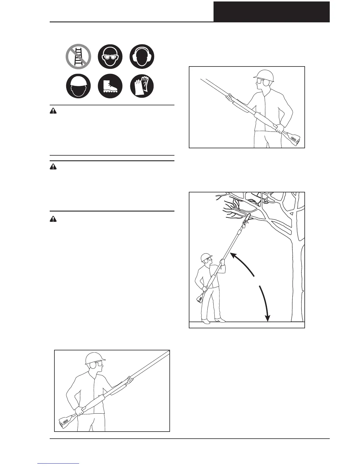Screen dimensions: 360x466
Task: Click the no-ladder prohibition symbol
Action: tap(78, 56)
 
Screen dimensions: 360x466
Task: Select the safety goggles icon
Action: tap(110, 56)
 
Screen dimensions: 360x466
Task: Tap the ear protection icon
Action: tap(142, 56)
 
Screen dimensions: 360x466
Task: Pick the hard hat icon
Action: tap(78, 86)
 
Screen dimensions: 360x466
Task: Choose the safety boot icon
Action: tap(110, 86)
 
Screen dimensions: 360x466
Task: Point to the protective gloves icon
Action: tap(142, 86)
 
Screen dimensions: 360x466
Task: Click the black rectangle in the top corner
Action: tap(271, 11)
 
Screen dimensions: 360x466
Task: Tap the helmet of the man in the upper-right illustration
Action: tap(264, 75)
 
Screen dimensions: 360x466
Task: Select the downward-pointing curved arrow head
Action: tap(267, 318)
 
